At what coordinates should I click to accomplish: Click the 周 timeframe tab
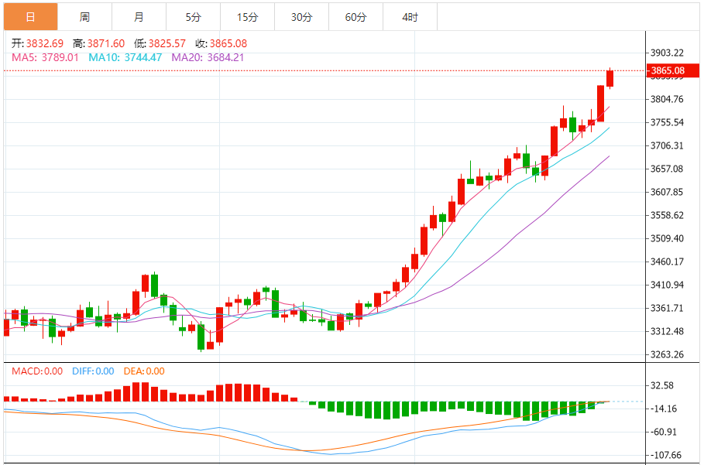pos(84,16)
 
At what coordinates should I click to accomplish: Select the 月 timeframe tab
pos(139,16)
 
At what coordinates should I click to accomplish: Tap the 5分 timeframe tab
pos(193,16)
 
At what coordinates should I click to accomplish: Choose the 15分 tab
pos(247,16)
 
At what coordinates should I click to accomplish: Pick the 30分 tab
pos(301,16)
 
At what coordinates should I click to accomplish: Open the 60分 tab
pos(355,16)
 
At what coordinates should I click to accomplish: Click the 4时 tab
pos(410,16)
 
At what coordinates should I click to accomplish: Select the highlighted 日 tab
pos(30,16)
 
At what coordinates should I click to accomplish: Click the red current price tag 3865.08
pos(668,71)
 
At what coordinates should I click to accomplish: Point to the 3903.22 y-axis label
pos(667,53)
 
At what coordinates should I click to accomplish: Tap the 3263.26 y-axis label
pos(667,354)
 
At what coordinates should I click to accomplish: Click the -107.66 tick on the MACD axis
pos(665,455)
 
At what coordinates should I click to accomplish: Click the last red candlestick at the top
pos(610,78)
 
